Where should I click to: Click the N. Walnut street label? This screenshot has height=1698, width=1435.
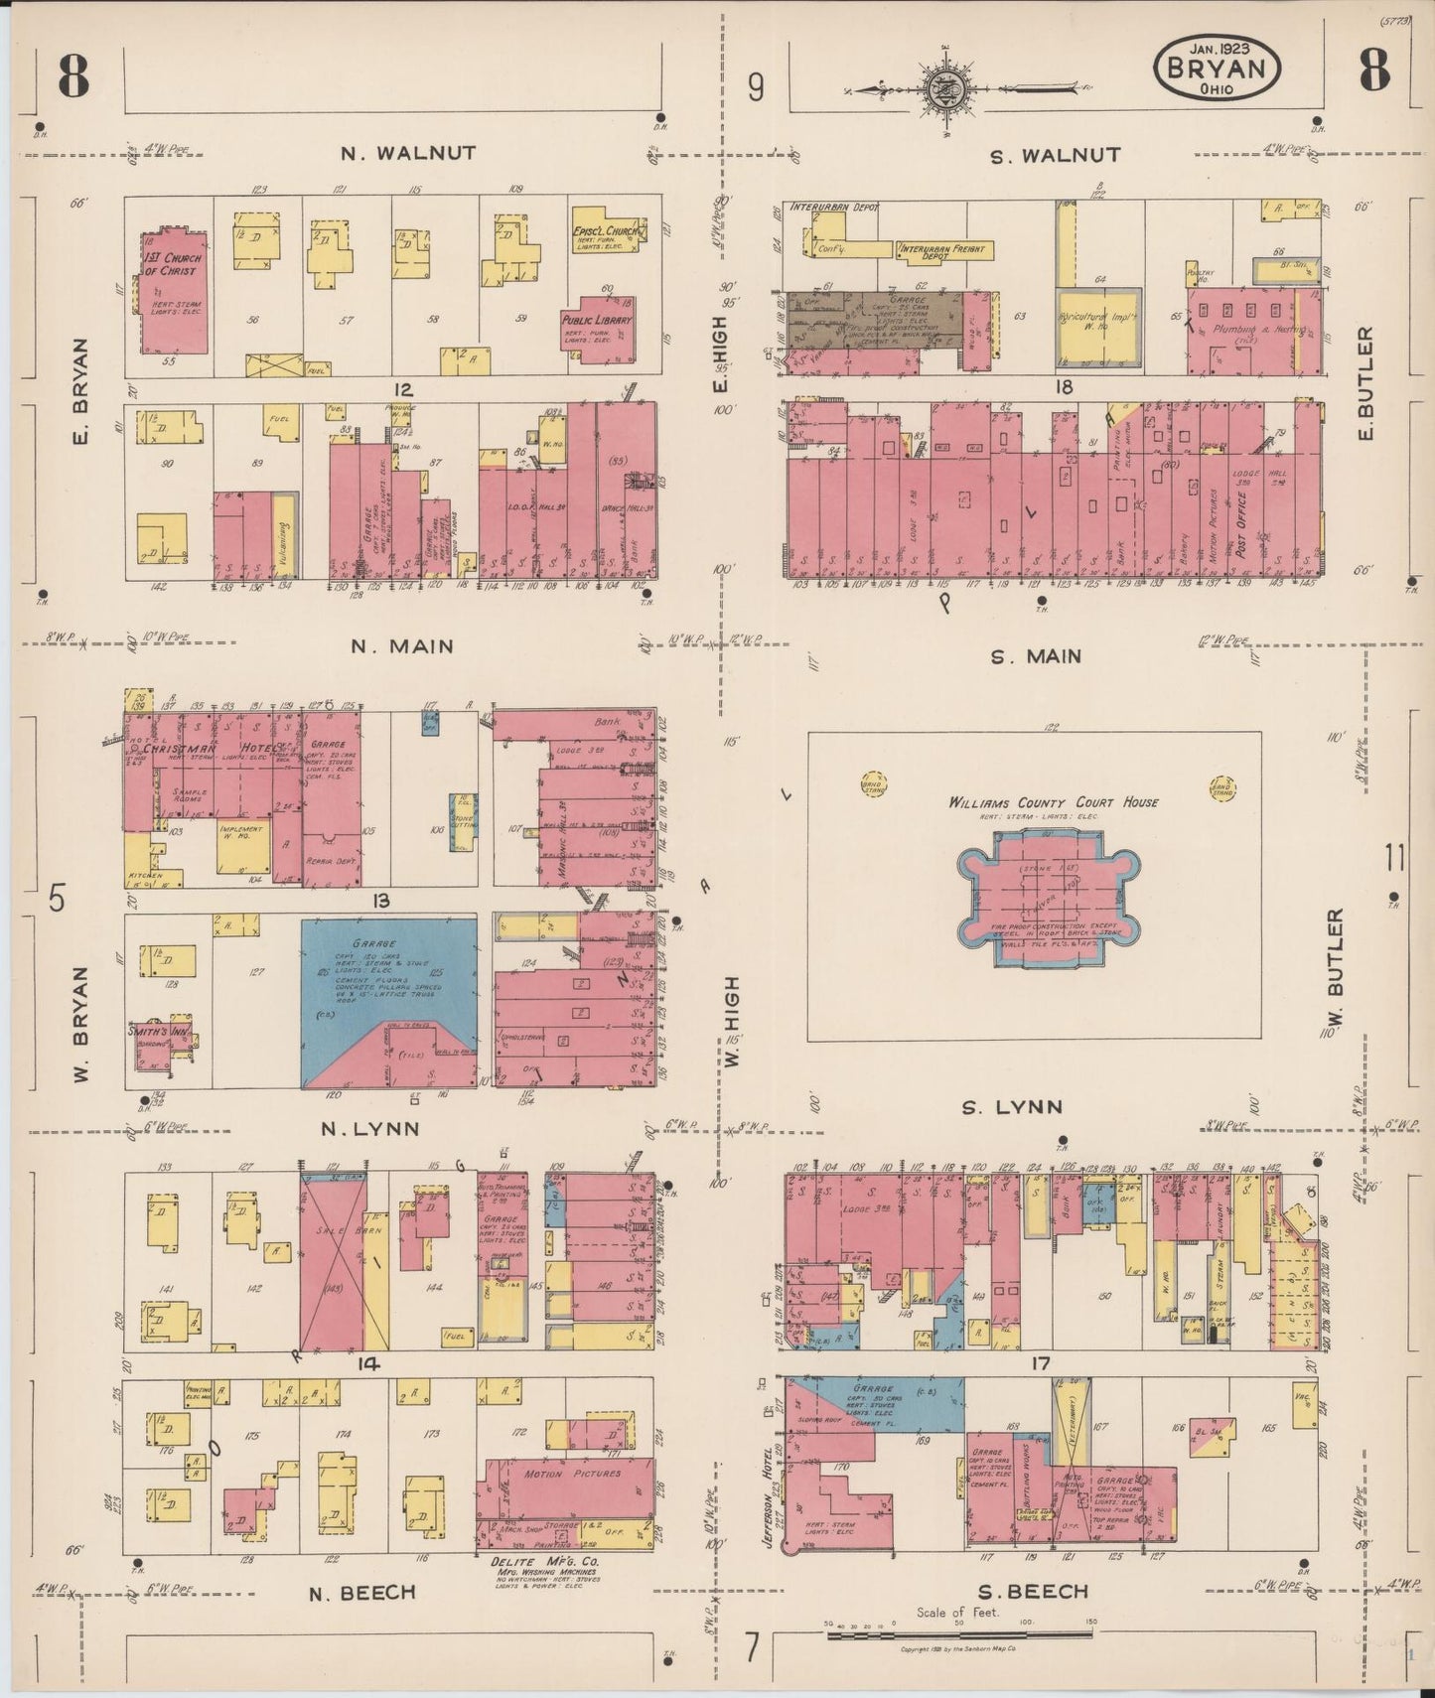tap(408, 153)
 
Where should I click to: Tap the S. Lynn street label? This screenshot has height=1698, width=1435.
tap(1012, 1106)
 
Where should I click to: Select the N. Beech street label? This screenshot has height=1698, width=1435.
tap(361, 1592)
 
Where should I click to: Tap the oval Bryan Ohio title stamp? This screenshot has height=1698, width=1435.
tap(1217, 69)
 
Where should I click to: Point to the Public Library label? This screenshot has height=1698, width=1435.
tap(597, 321)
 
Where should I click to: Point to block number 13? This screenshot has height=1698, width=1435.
tap(380, 901)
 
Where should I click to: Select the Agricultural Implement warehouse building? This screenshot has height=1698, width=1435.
tap(1097, 326)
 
